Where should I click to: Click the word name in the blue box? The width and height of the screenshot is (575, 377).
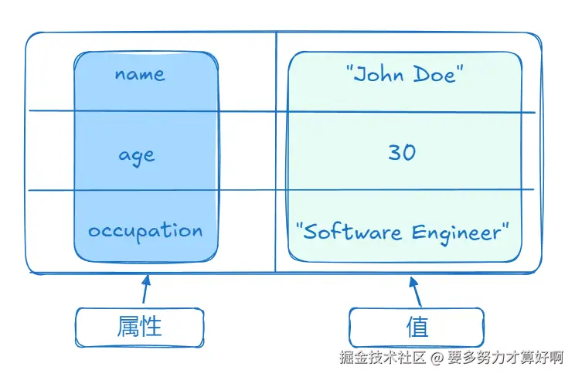click(140, 74)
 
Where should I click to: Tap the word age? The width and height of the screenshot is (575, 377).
click(137, 155)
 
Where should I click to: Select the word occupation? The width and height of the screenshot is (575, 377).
click(145, 231)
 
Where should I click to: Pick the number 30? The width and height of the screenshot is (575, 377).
click(402, 152)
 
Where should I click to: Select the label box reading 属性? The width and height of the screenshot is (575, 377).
click(139, 327)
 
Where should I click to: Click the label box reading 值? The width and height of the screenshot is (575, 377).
click(417, 327)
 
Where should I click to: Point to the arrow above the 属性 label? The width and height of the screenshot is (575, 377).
click(145, 289)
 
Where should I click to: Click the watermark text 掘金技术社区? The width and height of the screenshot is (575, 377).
click(383, 358)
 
